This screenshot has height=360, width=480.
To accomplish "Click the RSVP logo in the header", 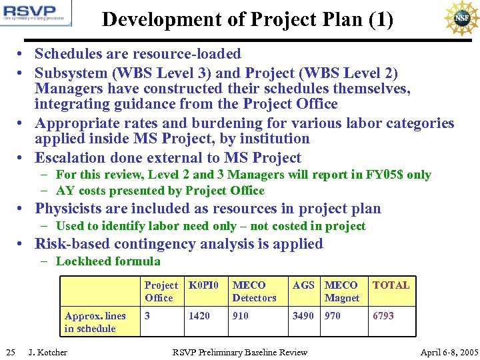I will point(37,13).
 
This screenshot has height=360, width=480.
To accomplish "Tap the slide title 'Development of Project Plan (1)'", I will point(247,19).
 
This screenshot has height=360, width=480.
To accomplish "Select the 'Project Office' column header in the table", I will point(161,291).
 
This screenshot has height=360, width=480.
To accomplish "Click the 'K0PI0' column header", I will point(203,285).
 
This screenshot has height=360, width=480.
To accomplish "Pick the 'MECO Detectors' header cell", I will point(254,291).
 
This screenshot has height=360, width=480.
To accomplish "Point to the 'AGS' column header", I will point(303,285).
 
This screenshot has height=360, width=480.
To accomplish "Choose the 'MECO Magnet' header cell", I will point(341,291).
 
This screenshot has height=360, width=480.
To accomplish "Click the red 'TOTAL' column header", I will point(391,285).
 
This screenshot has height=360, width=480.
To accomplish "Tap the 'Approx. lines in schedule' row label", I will point(95,322).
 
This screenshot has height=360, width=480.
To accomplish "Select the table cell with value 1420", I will point(199,316).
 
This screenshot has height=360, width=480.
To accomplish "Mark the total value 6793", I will point(383,316).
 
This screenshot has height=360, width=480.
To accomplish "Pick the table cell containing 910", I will point(241,316).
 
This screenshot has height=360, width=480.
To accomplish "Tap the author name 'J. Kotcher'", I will point(47,352).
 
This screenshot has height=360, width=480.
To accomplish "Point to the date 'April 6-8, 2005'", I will point(449,352).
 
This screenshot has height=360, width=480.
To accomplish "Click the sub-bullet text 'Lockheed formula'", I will point(108,261).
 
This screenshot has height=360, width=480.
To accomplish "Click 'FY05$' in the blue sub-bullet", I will point(385,175).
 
